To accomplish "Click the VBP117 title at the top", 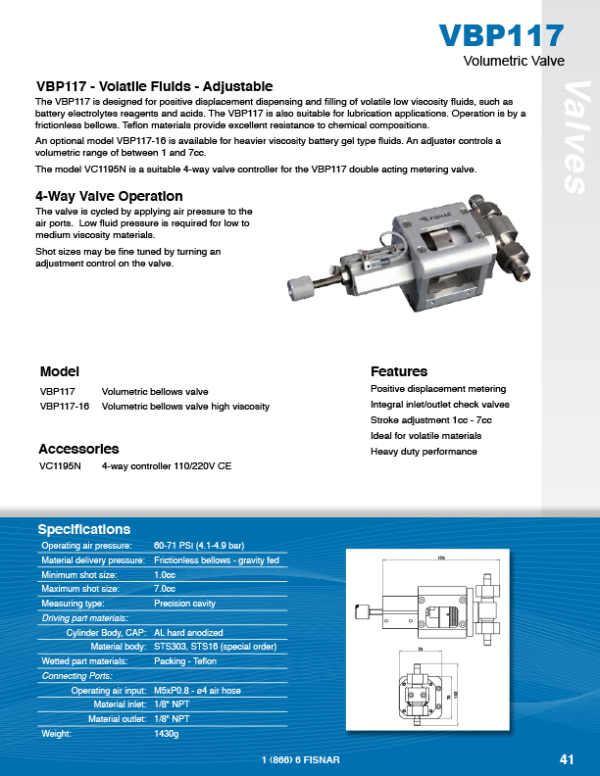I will click(501, 35).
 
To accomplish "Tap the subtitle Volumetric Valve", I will click(514, 61).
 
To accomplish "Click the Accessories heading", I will click(78, 449).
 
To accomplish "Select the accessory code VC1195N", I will click(60, 467).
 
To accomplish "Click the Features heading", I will click(399, 371).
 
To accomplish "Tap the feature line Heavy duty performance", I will click(424, 452).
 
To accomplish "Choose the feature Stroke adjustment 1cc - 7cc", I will click(431, 420).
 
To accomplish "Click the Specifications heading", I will click(85, 528).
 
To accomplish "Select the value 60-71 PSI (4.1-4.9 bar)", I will click(199, 545).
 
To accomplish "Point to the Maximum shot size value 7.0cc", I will click(166, 589).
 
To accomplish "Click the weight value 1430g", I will click(167, 733).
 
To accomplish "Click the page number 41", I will click(567, 759).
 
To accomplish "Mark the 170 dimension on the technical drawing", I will click(441, 558).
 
